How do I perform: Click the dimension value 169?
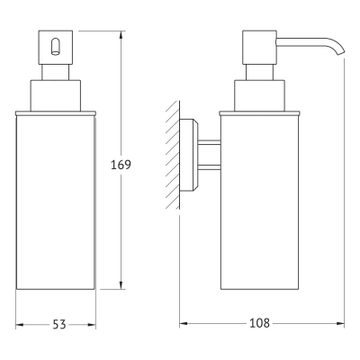pyautogui.click(x=121, y=165)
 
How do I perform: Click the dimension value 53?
pyautogui.click(x=59, y=324)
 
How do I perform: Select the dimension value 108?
pyautogui.click(x=259, y=323)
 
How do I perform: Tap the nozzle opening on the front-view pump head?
pyautogui.click(x=55, y=47)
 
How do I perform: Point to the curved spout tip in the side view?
pyautogui.click(x=340, y=49)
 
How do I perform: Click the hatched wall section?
pyautogui.click(x=173, y=155)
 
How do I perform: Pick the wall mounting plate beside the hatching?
pyautogui.click(x=189, y=155)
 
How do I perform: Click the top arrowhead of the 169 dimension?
pyautogui.click(x=121, y=35)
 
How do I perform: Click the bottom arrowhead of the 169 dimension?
pyautogui.click(x=121, y=285)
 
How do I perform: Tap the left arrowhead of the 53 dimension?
pyautogui.click(x=20, y=325)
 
